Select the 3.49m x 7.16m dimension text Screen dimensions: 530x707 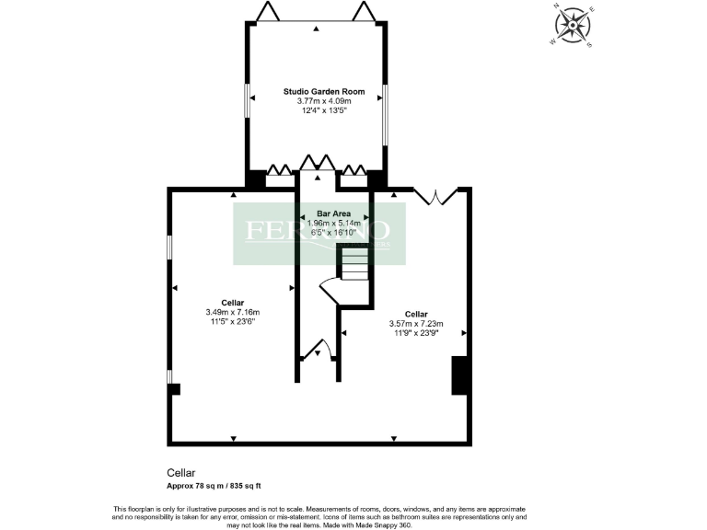(233, 312)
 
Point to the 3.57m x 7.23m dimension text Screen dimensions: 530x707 (417, 323)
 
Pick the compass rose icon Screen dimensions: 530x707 (576, 25)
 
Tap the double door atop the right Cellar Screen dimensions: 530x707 (435, 195)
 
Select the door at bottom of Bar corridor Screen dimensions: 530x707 (319, 350)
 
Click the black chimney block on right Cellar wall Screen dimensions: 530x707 (460, 375)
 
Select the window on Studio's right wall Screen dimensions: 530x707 (385, 115)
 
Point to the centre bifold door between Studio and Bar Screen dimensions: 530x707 (317, 164)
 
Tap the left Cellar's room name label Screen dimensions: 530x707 (233, 302)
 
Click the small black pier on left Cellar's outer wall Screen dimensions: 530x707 (173, 389)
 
